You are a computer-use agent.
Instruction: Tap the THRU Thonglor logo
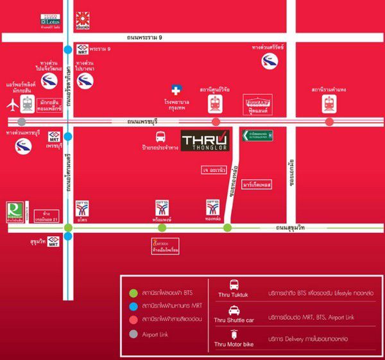tap(204, 141)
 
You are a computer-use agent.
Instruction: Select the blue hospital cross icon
tap(175, 90)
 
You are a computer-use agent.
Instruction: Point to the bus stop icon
tap(160, 136)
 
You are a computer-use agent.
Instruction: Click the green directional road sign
tap(257, 135)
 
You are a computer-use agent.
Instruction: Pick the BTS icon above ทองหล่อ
tap(214, 207)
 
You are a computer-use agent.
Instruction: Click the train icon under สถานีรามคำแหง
tap(329, 103)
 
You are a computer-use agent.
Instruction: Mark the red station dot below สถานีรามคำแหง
tap(329, 122)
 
